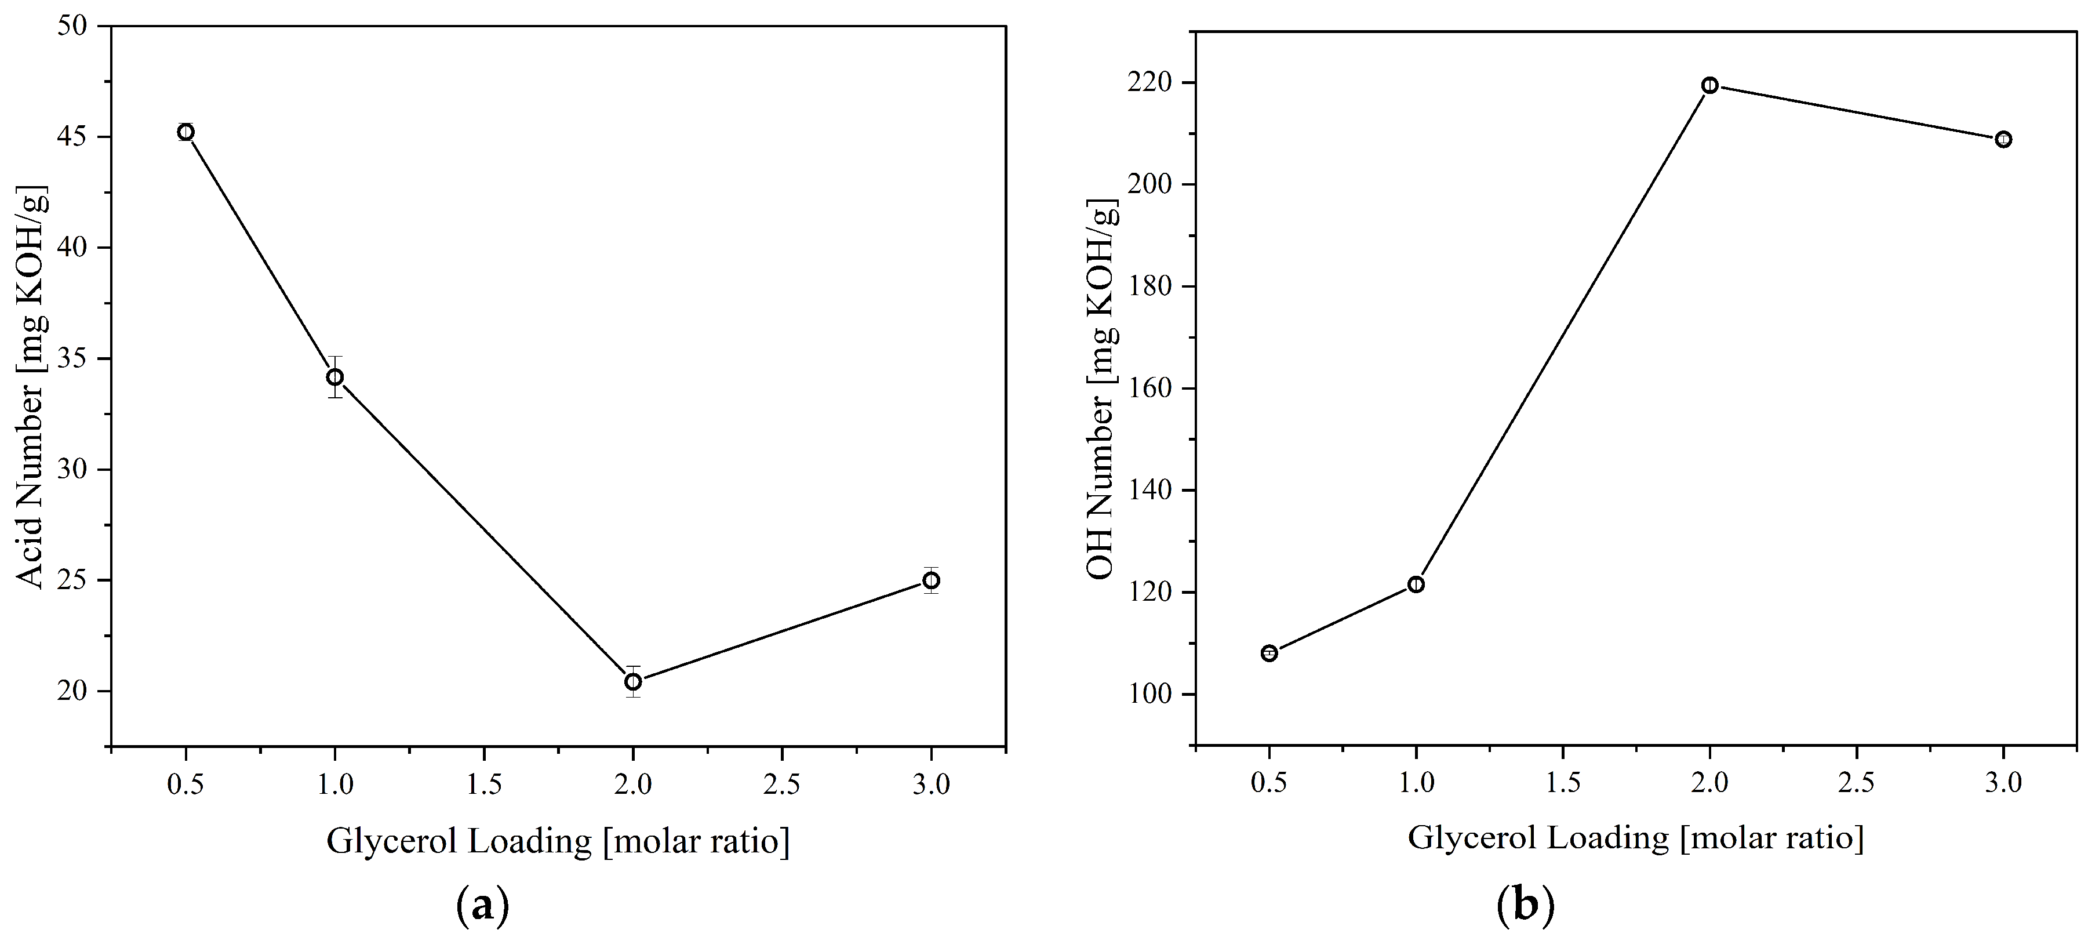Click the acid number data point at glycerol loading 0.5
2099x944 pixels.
pos(185,132)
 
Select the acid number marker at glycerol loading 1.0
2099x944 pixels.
pos(335,377)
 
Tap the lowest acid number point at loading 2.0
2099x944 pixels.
pos(633,681)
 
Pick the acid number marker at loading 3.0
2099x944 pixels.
pos(932,580)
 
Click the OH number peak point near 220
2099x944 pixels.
pos(1710,86)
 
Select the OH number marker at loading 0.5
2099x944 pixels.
pos(1269,653)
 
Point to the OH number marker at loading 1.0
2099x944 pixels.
pos(1416,584)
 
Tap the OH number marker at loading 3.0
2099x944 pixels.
pos(2004,139)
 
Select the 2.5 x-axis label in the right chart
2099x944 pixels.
pos(1857,783)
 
